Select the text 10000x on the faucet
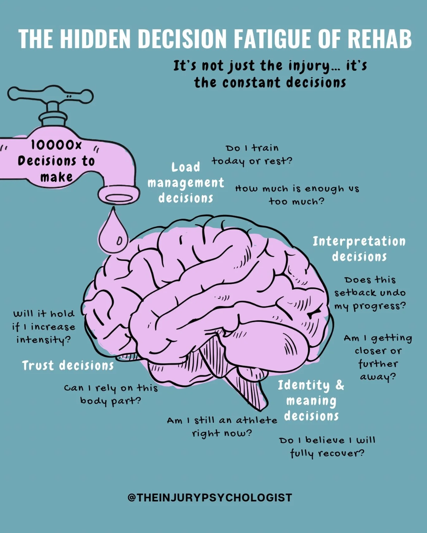click(x=56, y=145)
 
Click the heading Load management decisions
click(x=186, y=183)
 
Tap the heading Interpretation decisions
click(x=359, y=249)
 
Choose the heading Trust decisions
click(x=68, y=366)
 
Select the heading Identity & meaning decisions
click(x=311, y=400)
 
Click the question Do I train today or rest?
click(x=252, y=154)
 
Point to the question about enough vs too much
click(x=297, y=195)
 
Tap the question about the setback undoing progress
click(x=370, y=293)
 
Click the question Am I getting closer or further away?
click(x=378, y=357)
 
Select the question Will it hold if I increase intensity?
click(x=44, y=327)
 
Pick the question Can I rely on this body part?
click(x=111, y=394)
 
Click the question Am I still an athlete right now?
click(x=222, y=427)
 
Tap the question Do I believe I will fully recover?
click(x=327, y=447)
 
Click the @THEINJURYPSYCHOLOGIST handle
click(x=210, y=498)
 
